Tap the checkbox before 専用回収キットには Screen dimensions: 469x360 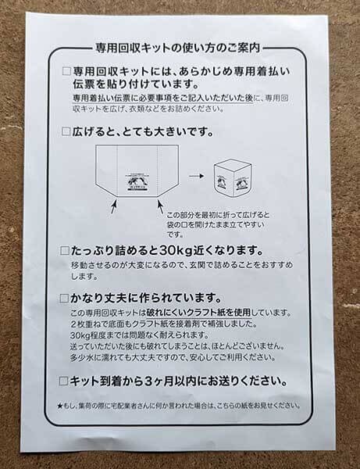tap(66, 70)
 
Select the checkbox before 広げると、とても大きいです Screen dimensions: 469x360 tap(66, 131)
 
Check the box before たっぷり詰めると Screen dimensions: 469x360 tap(66, 252)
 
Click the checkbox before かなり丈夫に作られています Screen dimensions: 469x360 tap(66, 299)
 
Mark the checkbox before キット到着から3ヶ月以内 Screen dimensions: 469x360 tap(66, 382)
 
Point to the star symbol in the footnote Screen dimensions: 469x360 tap(62, 406)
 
